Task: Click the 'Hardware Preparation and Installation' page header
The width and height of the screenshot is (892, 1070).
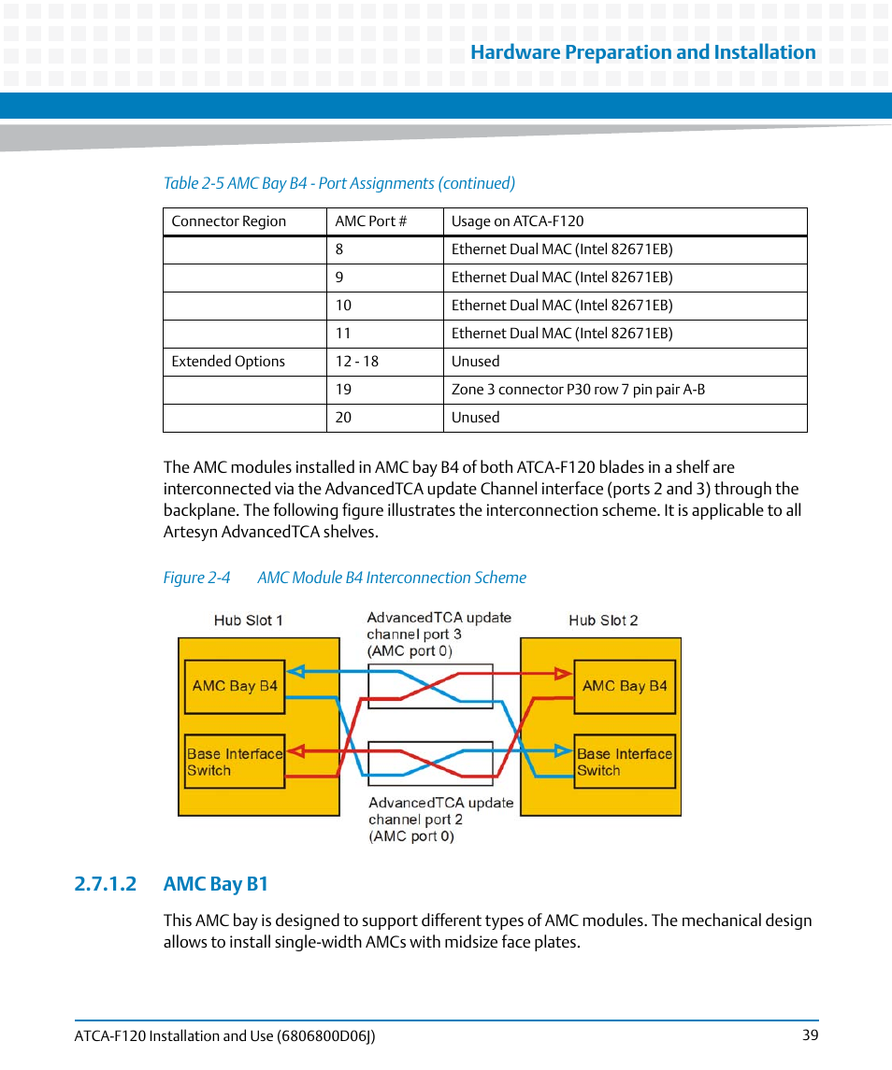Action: point(642,52)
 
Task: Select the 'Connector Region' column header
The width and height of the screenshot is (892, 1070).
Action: point(228,221)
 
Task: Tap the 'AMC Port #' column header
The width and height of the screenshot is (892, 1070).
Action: point(371,221)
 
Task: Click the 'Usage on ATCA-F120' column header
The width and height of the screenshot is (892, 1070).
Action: point(517,221)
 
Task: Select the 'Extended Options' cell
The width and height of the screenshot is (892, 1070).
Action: point(228,362)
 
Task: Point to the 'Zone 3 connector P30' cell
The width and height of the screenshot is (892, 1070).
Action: point(578,390)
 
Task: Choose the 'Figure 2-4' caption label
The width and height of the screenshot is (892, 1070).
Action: point(196,578)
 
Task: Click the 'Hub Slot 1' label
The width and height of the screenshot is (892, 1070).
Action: point(248,621)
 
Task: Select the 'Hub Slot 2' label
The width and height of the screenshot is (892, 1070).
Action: point(603,621)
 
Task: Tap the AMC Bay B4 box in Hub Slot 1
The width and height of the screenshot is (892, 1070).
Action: point(235,686)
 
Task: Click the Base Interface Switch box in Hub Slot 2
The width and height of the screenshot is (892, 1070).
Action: point(624,762)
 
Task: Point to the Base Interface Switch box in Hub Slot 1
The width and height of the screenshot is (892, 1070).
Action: point(234,762)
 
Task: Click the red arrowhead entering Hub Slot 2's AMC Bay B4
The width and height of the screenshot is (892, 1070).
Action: point(563,672)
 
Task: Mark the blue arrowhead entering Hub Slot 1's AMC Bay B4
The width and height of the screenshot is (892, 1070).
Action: point(295,671)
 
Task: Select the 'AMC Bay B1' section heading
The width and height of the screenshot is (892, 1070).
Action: point(215,884)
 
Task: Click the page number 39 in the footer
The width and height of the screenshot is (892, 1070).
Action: point(810,1035)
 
